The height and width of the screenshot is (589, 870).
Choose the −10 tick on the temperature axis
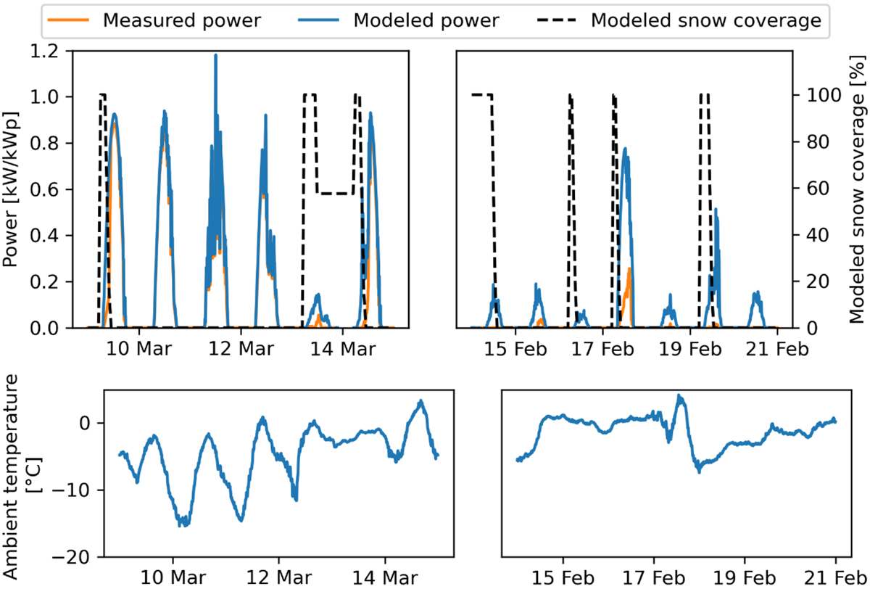(x=79, y=490)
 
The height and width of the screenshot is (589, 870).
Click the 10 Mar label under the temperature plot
(x=173, y=578)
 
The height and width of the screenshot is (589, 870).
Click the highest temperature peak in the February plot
(x=679, y=396)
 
